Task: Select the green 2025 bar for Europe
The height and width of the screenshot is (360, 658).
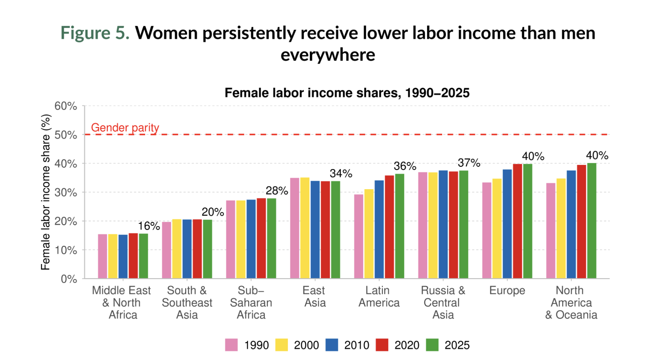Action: tap(527, 221)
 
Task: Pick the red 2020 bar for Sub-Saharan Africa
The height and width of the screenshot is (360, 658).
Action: tap(261, 238)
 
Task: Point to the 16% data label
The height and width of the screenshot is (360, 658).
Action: tap(149, 226)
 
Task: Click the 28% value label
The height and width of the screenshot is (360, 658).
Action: tap(277, 191)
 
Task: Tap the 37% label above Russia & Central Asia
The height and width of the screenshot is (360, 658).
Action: tap(470, 163)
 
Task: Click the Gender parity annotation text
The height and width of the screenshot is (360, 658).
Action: tap(125, 128)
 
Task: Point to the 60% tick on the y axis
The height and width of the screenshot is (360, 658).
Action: tap(67, 106)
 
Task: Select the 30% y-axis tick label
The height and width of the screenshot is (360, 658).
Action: tap(67, 192)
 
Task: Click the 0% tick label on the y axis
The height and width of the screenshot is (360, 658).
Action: tap(69, 279)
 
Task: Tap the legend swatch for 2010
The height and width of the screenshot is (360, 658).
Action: tap(332, 345)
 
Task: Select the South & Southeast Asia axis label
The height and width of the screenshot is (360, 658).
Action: tap(187, 302)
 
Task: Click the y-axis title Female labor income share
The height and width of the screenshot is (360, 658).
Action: tap(46, 192)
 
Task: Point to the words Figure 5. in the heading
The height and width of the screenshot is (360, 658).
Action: tap(95, 33)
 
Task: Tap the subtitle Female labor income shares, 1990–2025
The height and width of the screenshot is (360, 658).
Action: tap(347, 94)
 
